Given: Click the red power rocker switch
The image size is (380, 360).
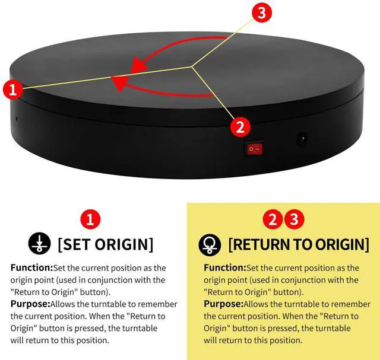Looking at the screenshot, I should click(x=254, y=148).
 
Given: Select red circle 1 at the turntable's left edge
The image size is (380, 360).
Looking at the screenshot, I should click(x=13, y=90).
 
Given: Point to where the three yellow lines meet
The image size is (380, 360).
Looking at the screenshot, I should click(x=191, y=67).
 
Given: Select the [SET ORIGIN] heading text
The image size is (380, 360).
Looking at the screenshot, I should click(x=105, y=244).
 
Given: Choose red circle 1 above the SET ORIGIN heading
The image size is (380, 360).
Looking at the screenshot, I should click(x=91, y=219).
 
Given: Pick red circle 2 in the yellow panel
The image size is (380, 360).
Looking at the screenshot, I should click(x=273, y=219).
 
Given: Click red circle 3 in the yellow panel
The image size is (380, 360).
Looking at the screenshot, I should click(x=292, y=219).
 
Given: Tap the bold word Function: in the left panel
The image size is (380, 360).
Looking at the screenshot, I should click(x=31, y=268).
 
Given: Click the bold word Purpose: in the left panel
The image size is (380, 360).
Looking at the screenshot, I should click(x=30, y=304).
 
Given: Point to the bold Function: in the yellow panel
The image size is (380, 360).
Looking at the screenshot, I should click(x=224, y=268).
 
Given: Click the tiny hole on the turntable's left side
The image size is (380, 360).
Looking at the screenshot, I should click(x=16, y=117).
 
